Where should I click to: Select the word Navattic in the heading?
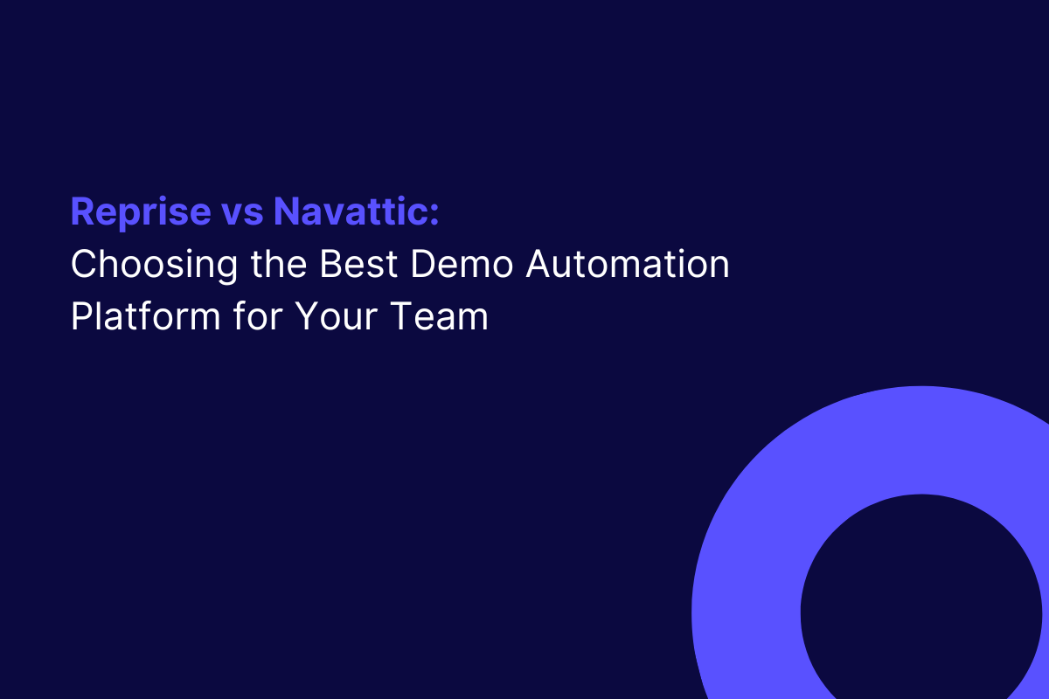click(x=349, y=211)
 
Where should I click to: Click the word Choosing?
click(x=155, y=266)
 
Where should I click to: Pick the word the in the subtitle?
click(x=279, y=264)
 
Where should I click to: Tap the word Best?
click(x=358, y=264)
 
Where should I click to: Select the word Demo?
click(x=462, y=264)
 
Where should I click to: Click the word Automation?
click(x=628, y=264)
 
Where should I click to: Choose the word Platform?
click(x=146, y=316)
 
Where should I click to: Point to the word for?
click(x=258, y=316)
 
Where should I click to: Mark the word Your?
click(x=337, y=316)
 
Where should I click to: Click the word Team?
click(x=439, y=316)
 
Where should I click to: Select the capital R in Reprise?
click(x=82, y=211)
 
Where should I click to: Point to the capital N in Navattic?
click(x=286, y=211)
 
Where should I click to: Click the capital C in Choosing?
click(x=84, y=264)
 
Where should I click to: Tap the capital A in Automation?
click(x=539, y=264)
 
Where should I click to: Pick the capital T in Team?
click(x=401, y=316)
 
